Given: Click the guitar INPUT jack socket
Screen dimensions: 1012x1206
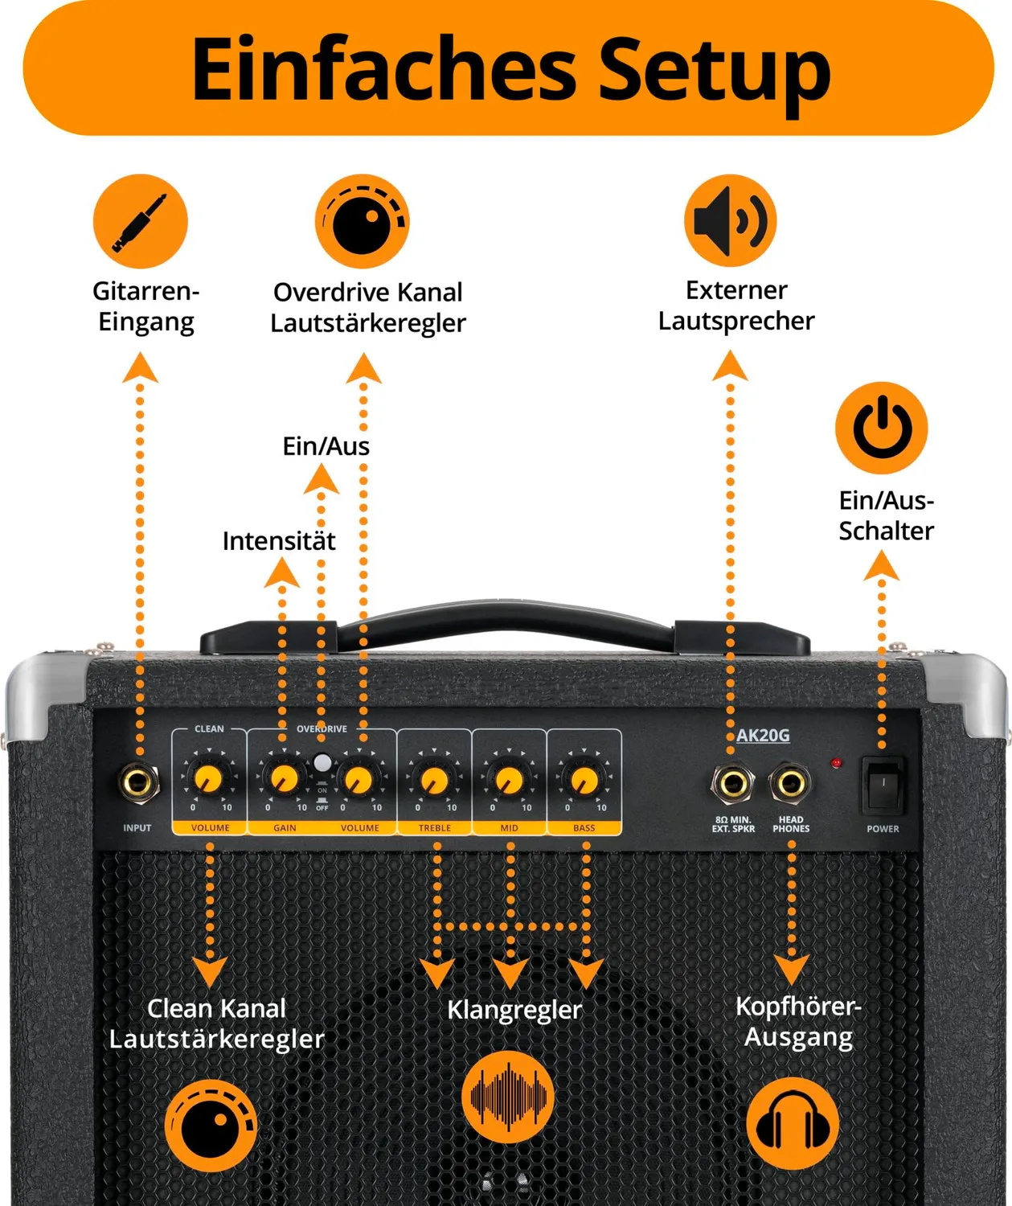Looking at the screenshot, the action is pos(138,783).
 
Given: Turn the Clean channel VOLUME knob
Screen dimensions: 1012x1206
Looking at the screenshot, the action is pos(208,779).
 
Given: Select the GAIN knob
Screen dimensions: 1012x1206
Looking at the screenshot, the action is pos(284,779).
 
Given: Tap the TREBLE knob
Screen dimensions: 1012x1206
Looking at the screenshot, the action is pos(434,780).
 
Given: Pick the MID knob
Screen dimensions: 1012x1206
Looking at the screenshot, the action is pos(509,780).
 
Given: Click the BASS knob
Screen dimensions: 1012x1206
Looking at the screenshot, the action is pos(584,780).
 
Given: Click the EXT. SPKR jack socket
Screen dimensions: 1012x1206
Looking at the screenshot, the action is pos(732,784).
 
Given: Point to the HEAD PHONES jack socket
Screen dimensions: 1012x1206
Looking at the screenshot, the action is pos(790,784).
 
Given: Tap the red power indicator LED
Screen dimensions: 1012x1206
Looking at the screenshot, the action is pos(836,763).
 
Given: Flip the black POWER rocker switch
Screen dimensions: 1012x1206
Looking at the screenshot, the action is pos(883,786).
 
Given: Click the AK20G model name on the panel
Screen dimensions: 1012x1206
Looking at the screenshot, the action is pos(763,736).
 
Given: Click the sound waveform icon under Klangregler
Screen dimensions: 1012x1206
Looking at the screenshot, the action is pos(508,1097).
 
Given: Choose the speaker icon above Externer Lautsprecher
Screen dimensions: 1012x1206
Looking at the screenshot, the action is pos(730,220).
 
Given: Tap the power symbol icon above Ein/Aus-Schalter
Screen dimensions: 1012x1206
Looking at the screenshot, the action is pos(882,428).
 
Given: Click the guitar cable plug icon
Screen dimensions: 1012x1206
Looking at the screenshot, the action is pos(141,221).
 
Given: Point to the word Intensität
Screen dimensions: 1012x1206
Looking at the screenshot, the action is pos(279,541).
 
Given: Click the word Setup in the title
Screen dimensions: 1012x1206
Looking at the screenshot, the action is pos(715,71).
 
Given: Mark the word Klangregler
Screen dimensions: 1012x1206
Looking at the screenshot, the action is pos(514,1011).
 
